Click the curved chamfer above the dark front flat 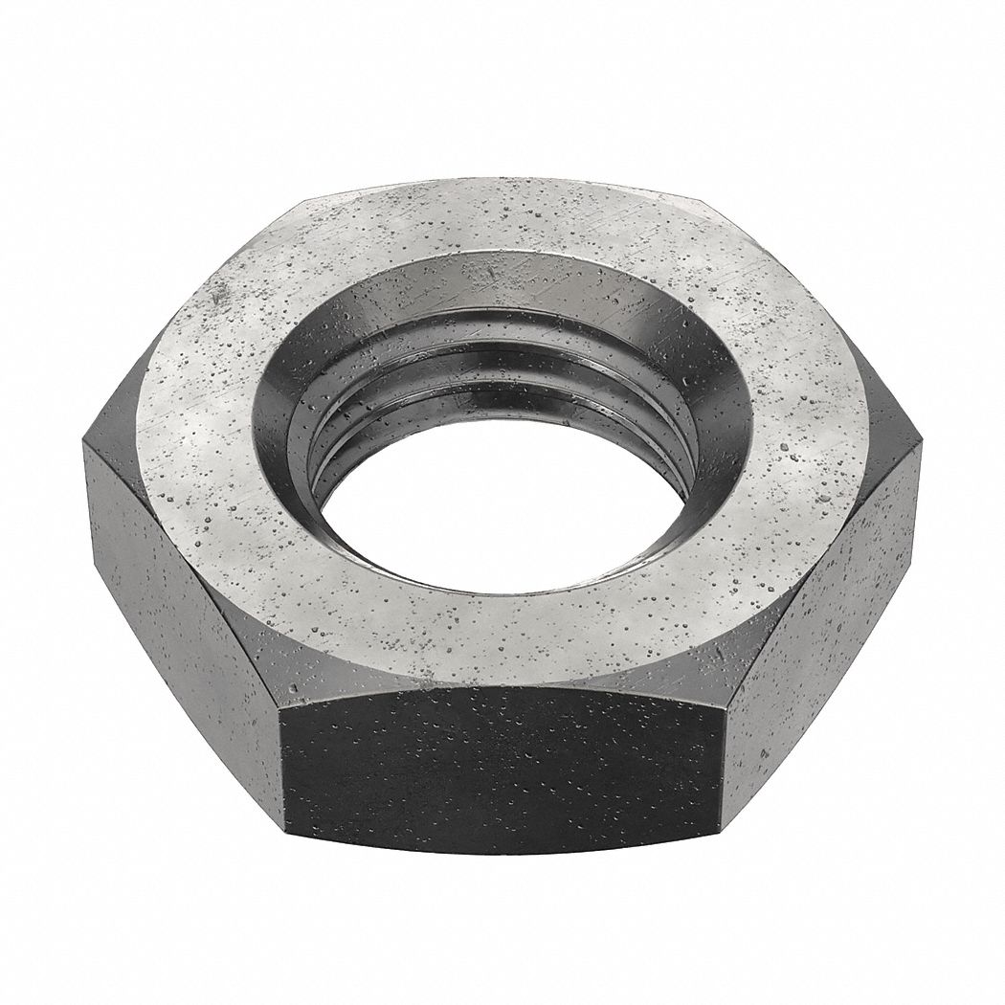[502, 675]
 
